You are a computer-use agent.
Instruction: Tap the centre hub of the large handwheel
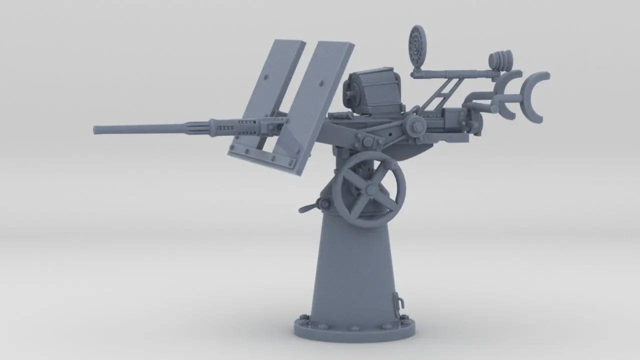(369, 189)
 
